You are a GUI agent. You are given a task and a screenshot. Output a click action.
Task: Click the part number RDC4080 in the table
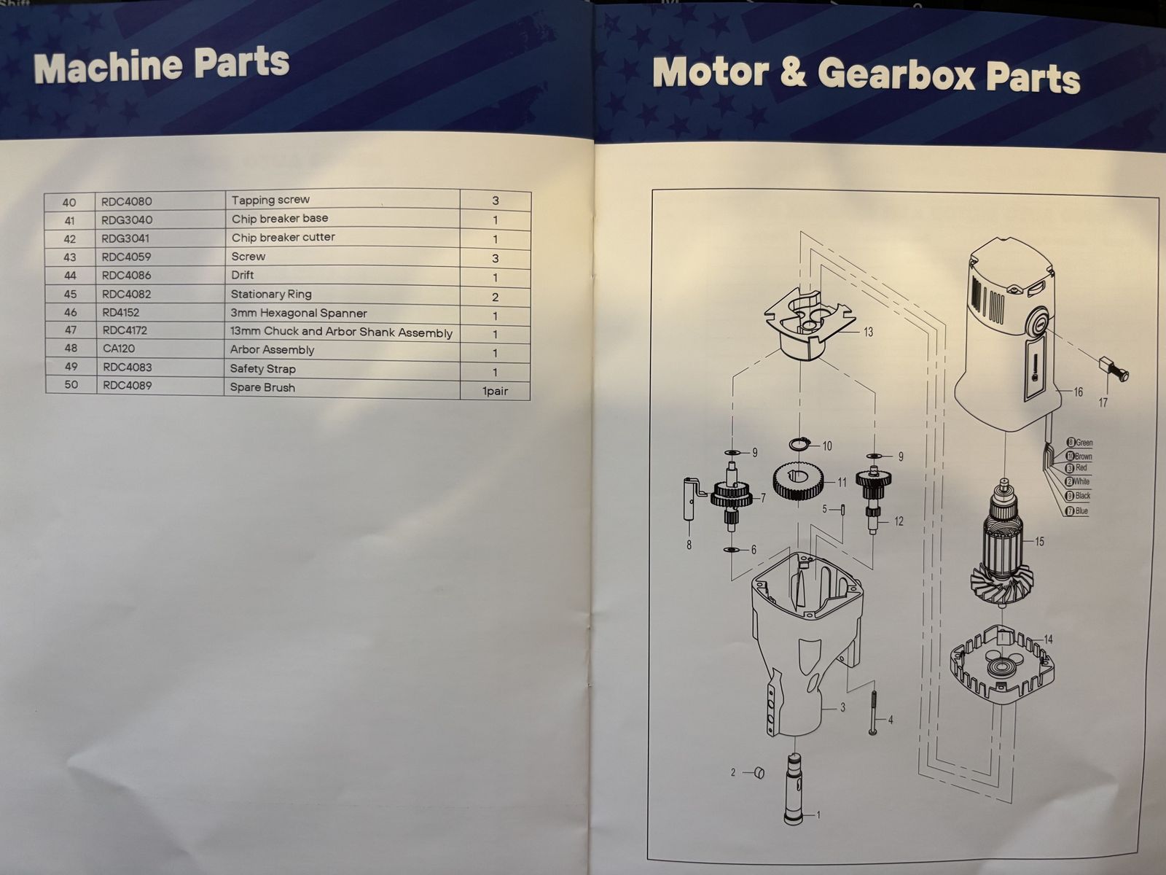(126, 201)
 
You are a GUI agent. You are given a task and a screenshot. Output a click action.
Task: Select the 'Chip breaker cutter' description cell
(283, 237)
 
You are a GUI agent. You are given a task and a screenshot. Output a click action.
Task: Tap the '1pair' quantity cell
(495, 391)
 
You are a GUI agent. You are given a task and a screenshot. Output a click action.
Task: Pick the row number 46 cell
(70, 312)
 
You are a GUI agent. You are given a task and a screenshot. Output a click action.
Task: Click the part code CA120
(119, 349)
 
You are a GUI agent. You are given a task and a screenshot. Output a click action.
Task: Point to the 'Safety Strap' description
(262, 369)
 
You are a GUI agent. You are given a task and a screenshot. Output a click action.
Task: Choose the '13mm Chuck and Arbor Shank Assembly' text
(341, 332)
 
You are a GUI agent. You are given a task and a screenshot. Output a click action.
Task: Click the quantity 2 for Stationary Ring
(495, 297)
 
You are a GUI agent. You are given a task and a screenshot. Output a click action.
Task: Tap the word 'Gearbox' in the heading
(896, 76)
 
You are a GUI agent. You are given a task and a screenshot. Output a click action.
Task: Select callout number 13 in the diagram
(868, 332)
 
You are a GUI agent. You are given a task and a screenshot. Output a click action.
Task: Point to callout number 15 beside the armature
(1039, 541)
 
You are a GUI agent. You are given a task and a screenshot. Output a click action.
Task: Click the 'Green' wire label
(1084, 443)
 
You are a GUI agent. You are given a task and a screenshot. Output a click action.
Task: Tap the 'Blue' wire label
(1081, 511)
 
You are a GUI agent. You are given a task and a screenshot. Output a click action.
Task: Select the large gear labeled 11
(799, 481)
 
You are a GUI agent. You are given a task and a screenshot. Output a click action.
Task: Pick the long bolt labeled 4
(873, 713)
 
